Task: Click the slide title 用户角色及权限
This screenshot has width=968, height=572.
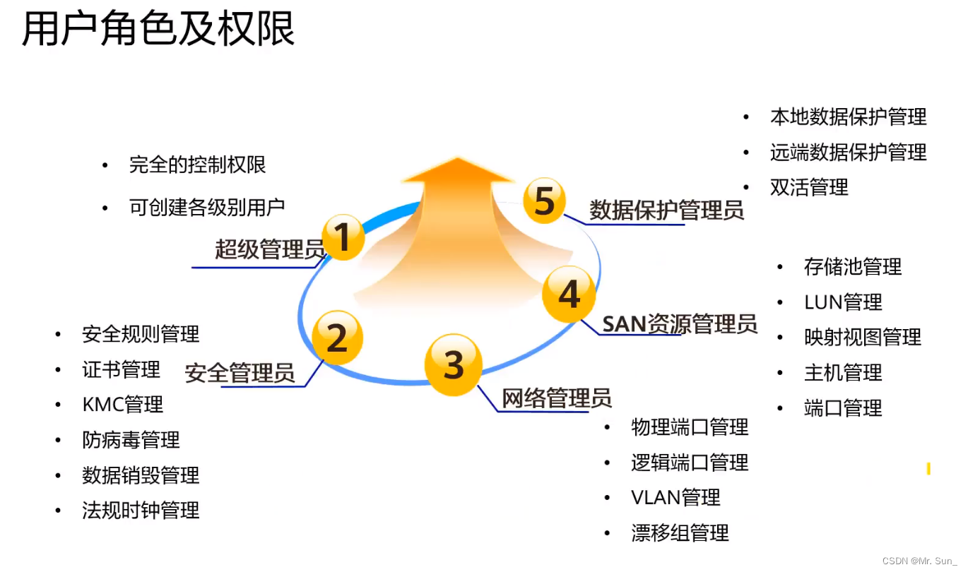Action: [158, 30]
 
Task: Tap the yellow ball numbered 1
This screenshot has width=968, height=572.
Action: [343, 237]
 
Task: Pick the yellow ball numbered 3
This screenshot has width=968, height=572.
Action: [453, 364]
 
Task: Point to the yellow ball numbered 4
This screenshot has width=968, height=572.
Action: [569, 294]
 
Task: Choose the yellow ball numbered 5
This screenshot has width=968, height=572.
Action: [544, 201]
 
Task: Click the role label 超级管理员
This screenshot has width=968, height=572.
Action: [269, 249]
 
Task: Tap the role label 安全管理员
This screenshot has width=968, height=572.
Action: [240, 373]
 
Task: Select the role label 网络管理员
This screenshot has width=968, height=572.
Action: [556, 398]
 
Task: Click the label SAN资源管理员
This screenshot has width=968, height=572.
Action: [679, 324]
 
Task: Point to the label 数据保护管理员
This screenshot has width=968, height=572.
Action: [666, 210]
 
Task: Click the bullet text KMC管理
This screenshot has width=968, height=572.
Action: [122, 405]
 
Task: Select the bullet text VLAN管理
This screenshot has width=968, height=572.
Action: [675, 498]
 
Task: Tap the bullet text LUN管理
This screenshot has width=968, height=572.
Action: [843, 303]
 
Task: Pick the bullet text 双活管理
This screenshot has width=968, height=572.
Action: [809, 188]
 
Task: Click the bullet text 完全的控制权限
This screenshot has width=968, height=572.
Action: [197, 165]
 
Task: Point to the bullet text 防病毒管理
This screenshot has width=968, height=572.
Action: [131, 440]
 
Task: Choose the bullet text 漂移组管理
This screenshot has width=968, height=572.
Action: [680, 533]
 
